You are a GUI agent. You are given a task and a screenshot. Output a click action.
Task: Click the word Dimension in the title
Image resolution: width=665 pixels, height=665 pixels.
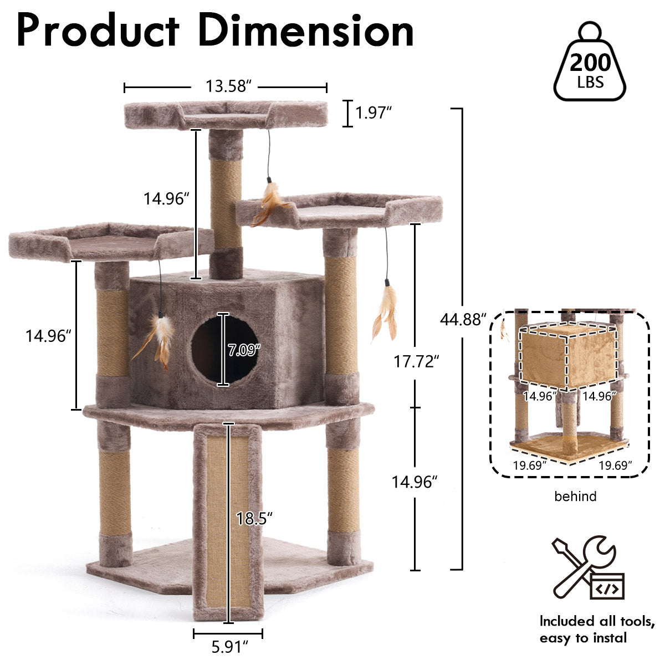306,30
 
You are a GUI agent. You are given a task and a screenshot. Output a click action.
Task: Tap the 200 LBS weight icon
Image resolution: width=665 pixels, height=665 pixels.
590,62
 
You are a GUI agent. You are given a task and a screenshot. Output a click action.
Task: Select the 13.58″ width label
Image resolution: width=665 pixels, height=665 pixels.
226,86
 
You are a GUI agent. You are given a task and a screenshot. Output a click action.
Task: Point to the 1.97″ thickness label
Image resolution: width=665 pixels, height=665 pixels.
374,113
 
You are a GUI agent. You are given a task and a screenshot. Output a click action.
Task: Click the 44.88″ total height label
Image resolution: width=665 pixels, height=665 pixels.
463,320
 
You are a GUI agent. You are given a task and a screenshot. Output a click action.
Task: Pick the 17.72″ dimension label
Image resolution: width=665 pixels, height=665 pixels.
416,361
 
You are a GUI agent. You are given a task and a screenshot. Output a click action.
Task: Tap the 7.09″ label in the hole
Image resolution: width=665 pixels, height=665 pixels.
243,350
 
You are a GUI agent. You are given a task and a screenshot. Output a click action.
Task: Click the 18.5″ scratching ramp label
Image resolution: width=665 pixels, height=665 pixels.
254,518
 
